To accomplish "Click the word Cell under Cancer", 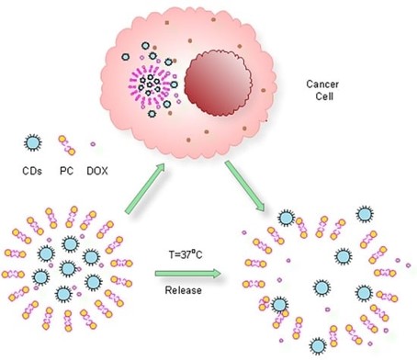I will point(323,97).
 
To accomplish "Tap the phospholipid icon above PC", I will point(67,145).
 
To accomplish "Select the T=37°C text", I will point(186,255).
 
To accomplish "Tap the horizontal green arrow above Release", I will point(187,273).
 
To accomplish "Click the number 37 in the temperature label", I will point(186,255).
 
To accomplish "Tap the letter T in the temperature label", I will point(169,255).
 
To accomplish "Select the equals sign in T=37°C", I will point(176,255).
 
